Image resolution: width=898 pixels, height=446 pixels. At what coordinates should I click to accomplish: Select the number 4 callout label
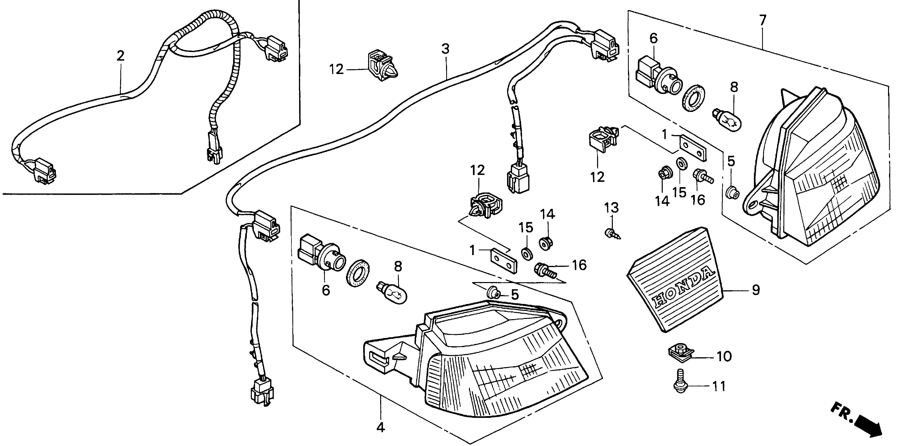[381, 427]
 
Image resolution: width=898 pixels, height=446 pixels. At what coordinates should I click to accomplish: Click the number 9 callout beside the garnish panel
[756, 290]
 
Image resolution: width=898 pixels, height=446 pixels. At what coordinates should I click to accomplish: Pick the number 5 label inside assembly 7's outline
[731, 161]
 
